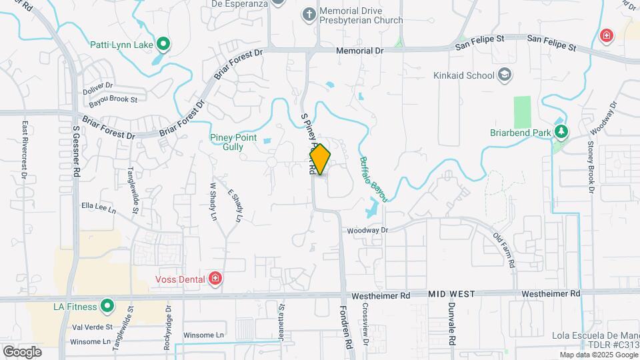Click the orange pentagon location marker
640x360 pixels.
(320, 159)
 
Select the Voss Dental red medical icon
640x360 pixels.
(215, 279)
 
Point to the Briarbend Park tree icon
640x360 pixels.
(561, 132)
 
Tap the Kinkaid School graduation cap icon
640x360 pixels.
(505, 75)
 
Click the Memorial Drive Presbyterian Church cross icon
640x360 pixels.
(309, 14)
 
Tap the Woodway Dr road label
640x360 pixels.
(367, 230)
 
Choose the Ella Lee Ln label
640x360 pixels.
(98, 207)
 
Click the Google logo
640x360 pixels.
(22, 351)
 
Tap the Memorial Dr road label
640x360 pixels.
(360, 50)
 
